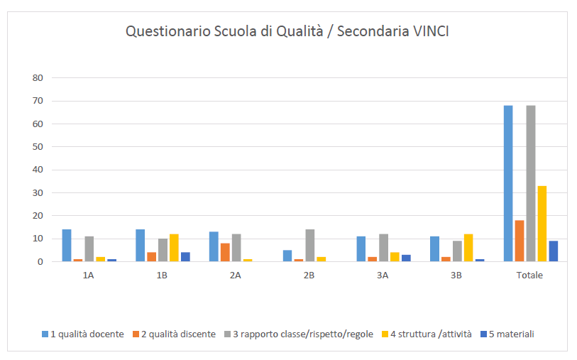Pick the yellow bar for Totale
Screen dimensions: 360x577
point(542,224)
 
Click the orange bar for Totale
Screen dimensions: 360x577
point(520,241)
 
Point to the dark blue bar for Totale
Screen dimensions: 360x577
point(554,251)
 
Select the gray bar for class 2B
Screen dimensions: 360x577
point(309,246)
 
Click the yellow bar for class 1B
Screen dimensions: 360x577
point(174,248)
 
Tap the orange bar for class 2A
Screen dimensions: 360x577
point(225,252)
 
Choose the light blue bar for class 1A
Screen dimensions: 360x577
point(67,246)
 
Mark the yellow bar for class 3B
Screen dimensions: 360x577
point(468,248)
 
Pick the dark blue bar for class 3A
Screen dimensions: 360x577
point(406,258)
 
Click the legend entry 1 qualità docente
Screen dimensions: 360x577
point(82,334)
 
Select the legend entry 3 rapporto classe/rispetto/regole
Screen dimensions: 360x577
point(297,334)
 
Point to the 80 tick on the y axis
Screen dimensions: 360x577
point(38,77)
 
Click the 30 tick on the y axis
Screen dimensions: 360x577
point(38,192)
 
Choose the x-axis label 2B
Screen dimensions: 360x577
point(309,276)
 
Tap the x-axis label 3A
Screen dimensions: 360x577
point(383,276)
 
